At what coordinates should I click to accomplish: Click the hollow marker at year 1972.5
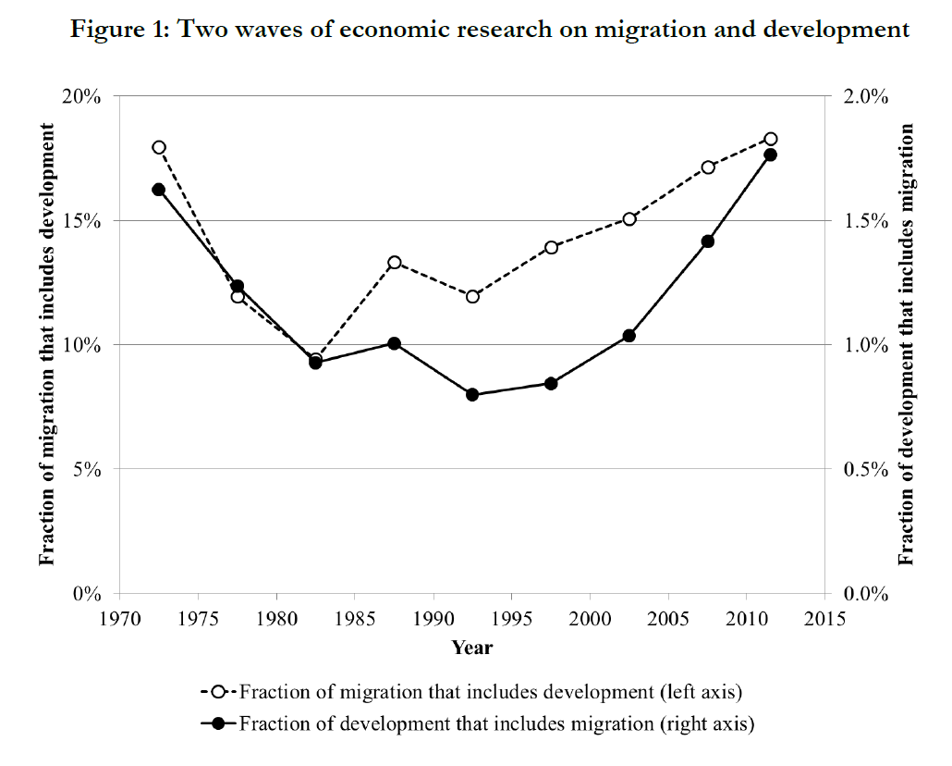pos(159,147)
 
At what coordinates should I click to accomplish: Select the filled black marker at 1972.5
pos(159,190)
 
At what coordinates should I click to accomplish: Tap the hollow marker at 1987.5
pos(395,263)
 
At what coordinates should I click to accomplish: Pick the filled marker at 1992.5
pos(473,395)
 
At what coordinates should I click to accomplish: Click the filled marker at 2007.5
pos(708,241)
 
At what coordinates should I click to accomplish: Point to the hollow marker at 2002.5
pos(629,219)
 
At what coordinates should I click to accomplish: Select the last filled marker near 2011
pos(770,154)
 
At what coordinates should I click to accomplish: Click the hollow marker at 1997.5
pos(552,247)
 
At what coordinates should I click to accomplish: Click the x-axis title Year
pos(472,648)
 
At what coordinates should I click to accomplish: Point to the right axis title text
pos(908,344)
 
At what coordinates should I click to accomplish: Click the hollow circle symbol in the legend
pos(219,692)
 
